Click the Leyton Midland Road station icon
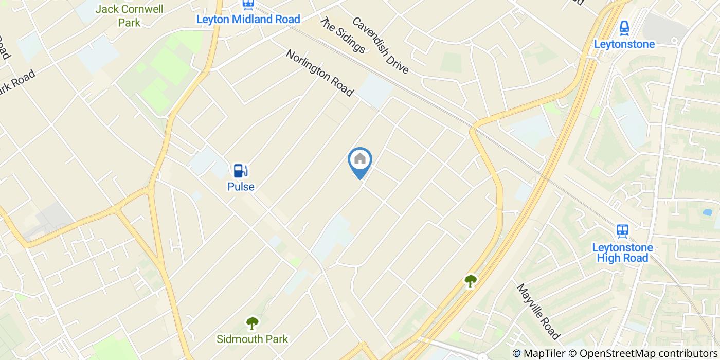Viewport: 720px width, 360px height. (248, 5)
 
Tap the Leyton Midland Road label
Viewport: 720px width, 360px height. (248, 20)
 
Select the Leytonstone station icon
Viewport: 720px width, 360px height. (624, 27)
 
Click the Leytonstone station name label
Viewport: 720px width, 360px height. (624, 44)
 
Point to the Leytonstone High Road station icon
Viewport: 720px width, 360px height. (623, 231)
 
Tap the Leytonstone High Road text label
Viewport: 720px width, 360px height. (622, 253)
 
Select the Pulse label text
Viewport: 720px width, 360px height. (241, 187)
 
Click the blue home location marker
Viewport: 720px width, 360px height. (360, 160)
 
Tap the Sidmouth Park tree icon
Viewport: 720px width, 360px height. (252, 323)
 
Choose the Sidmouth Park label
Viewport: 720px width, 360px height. (252, 339)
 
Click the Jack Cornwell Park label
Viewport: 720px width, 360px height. (129, 15)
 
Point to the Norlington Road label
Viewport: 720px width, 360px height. (320, 73)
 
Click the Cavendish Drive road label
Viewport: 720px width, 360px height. (381, 45)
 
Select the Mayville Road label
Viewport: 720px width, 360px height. (538, 312)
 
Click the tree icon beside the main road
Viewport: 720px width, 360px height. (470, 280)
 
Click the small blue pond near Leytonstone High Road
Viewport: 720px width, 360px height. (707, 212)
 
